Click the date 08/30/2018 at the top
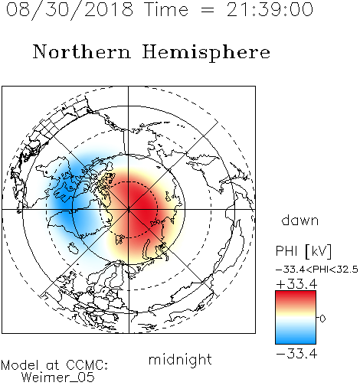pos(70,10)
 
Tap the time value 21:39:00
pos(270,10)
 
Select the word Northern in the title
pos(82,51)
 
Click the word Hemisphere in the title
pos(206,53)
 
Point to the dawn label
pos(300,220)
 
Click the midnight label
pos(180,360)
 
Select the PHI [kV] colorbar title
pos(303,251)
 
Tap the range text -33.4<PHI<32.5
pos(317,270)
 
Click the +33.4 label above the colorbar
pos(296,284)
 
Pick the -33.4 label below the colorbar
pos(296,354)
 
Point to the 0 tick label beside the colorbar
pos(322,319)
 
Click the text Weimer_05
pos(58,378)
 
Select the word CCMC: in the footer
pos(87,365)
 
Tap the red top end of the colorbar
pos(296,293)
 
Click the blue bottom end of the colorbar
pos(296,342)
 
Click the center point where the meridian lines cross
pos(129,210)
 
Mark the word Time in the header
pos(166,10)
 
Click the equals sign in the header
pos(208,11)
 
